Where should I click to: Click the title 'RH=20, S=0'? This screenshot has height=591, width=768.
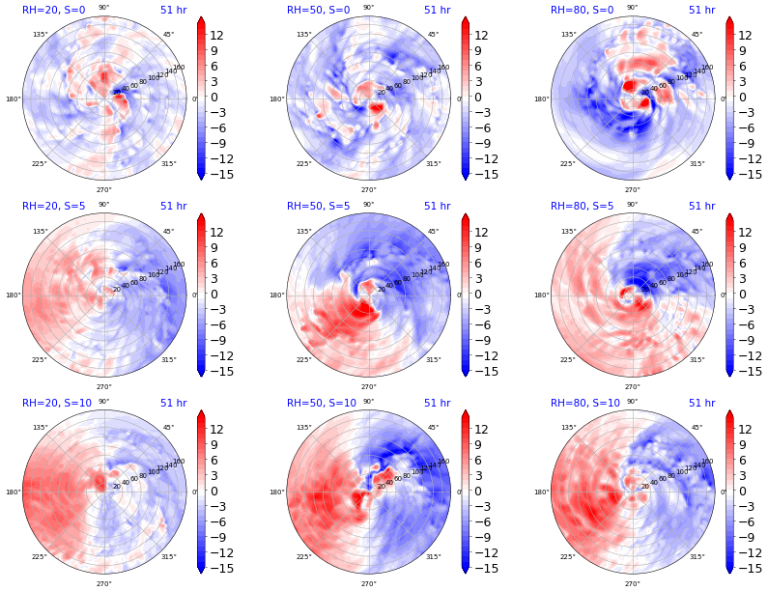coord(53,10)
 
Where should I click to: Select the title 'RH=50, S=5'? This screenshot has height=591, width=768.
coord(318,207)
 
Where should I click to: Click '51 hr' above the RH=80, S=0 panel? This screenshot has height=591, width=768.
coord(701,10)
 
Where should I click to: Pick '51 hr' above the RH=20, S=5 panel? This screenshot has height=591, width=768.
coord(173,207)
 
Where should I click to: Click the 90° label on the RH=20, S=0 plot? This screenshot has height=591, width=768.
coord(103,8)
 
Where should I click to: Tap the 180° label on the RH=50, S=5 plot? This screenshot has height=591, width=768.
coord(276,295)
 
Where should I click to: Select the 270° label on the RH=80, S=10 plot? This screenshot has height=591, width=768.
coord(632,583)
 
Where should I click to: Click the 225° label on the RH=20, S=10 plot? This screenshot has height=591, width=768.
coord(40,557)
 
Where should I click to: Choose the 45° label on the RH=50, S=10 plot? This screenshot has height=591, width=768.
coord(433,428)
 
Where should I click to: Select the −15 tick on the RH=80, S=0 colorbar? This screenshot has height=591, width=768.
coord(746,175)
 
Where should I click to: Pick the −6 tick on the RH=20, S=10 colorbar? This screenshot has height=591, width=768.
coord(218,522)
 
